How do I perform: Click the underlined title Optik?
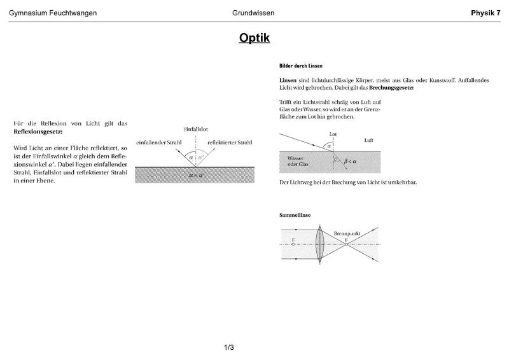254,38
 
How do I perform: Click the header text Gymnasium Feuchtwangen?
52,13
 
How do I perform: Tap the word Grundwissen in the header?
253,13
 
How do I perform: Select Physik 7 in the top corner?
485,13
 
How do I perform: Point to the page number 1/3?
229,347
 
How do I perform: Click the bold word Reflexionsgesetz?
38,131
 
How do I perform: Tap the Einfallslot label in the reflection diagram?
195,129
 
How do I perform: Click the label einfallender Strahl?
159,142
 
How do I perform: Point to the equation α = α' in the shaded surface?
194,173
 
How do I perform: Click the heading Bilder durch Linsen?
301,66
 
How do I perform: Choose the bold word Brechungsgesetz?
390,88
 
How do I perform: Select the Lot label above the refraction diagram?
333,134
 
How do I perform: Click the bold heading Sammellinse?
296,215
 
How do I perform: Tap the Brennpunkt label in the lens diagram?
347,234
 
